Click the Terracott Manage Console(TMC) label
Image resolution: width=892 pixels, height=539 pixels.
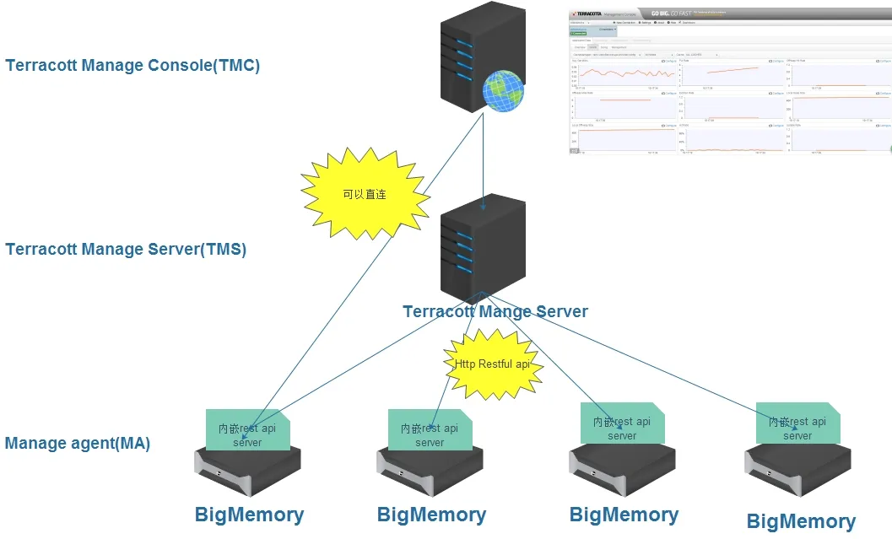click(132, 66)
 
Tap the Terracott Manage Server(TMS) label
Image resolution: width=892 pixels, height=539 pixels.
click(126, 250)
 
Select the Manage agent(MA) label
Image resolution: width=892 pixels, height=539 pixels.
click(78, 444)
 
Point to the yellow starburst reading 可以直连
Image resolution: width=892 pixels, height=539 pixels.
click(365, 192)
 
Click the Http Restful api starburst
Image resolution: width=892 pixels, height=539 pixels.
click(493, 364)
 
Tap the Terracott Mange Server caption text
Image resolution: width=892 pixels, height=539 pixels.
click(495, 311)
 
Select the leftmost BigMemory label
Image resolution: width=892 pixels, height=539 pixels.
click(249, 515)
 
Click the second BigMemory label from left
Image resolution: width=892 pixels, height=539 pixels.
click(431, 515)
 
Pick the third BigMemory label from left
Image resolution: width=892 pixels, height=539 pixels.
click(624, 515)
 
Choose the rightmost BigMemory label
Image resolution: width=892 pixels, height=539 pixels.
click(801, 522)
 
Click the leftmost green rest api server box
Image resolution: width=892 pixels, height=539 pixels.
click(248, 430)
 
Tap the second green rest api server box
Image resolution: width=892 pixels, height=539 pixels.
click(430, 431)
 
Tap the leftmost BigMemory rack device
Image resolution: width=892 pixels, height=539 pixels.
click(249, 472)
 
